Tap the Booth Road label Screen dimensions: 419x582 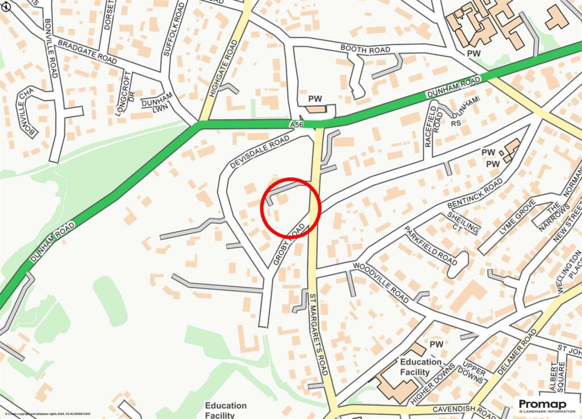(x=365, y=50)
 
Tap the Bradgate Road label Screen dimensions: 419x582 (x=87, y=52)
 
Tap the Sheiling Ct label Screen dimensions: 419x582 (x=463, y=222)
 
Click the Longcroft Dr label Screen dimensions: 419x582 (x=125, y=94)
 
